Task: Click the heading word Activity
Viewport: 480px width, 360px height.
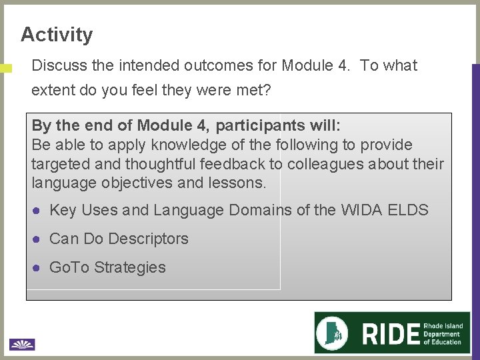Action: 57,34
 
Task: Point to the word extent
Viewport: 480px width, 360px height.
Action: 53,90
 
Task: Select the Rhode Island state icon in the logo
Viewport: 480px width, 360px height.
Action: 335,332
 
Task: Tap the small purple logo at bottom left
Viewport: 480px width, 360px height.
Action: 22,344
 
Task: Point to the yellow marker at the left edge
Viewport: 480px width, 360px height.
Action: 6,68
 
